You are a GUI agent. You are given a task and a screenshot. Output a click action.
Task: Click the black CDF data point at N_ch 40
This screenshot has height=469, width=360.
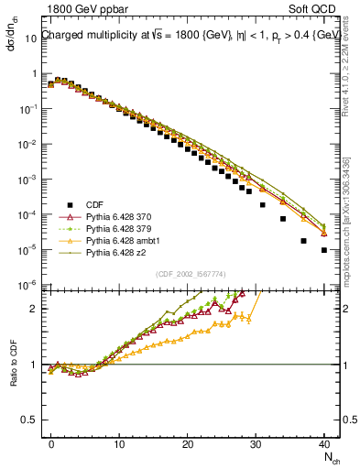pyautogui.click(x=324, y=249)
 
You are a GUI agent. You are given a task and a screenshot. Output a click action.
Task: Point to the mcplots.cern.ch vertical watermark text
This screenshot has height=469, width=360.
pyautogui.click(x=350, y=211)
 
